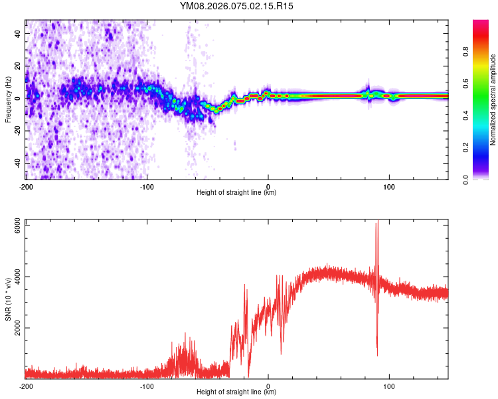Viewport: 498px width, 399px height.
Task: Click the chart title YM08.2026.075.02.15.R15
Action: [x=237, y=7]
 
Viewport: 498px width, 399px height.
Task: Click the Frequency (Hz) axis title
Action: [x=9, y=99]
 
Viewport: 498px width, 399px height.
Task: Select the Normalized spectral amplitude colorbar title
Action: [x=493, y=99]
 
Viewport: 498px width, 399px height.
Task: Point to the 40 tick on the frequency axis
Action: [x=18, y=33]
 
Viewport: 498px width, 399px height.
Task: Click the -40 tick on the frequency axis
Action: [x=18, y=163]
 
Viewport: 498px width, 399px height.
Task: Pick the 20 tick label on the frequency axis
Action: [x=18, y=66]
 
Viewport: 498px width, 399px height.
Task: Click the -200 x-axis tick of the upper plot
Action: [x=25, y=186]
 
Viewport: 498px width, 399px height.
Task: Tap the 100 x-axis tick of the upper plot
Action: [x=389, y=186]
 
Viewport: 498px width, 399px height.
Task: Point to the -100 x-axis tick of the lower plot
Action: [x=147, y=386]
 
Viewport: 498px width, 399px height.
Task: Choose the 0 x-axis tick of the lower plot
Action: [x=268, y=386]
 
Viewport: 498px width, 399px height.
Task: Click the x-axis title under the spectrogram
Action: [x=237, y=193]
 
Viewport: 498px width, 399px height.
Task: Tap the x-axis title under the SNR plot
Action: [x=237, y=392]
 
